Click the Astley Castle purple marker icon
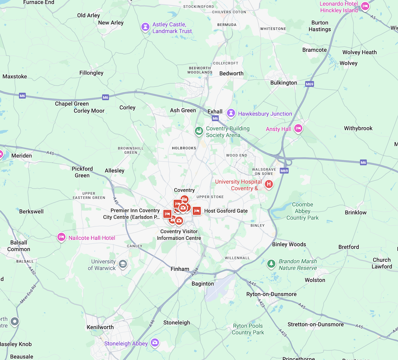(x=146, y=27)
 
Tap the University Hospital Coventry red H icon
(x=269, y=184)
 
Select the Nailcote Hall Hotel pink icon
(x=61, y=237)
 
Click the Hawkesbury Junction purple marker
(x=231, y=113)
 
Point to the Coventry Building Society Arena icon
(x=199, y=131)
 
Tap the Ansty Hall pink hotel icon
(x=298, y=129)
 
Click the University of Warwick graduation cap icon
(x=123, y=264)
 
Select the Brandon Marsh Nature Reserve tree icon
(x=271, y=264)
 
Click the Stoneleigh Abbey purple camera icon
(x=155, y=342)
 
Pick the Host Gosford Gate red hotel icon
(x=197, y=211)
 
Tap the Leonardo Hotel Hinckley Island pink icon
(x=365, y=6)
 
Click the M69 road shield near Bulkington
(x=310, y=84)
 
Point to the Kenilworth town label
(x=100, y=327)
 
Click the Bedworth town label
(x=231, y=73)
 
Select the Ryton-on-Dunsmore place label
(x=271, y=294)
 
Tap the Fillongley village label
(x=91, y=73)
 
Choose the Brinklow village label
(x=356, y=212)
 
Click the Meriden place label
(x=21, y=155)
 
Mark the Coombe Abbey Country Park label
(x=302, y=211)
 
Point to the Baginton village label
(x=203, y=284)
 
